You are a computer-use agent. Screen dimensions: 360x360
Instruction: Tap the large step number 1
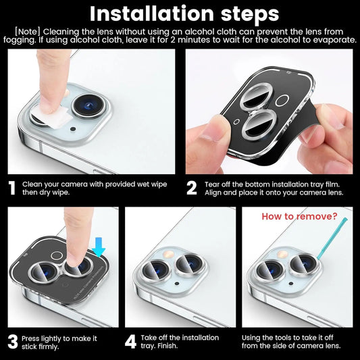click(x=11, y=187)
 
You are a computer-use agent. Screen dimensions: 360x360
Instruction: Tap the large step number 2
click(x=192, y=187)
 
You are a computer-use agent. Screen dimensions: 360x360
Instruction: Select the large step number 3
click(x=12, y=340)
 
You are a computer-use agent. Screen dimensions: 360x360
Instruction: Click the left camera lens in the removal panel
click(x=272, y=268)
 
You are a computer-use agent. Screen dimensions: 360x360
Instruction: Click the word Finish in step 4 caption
click(x=163, y=346)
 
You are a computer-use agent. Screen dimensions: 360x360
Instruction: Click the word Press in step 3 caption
click(x=32, y=337)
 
